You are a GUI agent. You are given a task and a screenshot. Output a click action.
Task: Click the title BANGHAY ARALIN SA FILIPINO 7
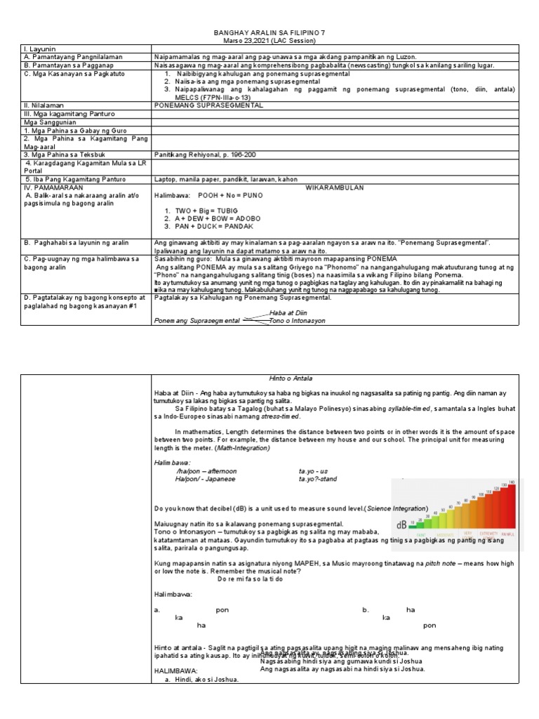269,33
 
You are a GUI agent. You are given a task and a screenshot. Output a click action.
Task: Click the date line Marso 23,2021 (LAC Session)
269,40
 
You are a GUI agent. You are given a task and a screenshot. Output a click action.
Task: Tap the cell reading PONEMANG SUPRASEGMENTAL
208,105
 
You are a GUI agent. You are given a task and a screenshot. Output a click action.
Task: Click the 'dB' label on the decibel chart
402,525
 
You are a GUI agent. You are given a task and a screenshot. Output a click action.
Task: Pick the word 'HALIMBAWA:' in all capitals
176,671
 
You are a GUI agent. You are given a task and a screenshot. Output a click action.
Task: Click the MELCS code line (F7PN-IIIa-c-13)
210,97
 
